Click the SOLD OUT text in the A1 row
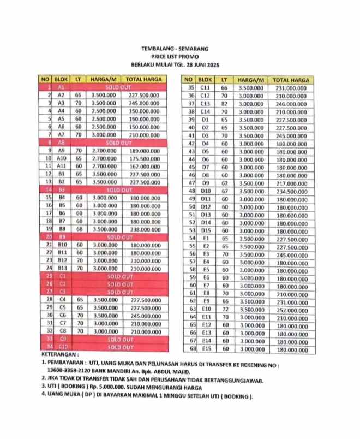(119, 87)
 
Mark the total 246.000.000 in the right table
(290, 103)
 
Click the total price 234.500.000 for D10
(290, 191)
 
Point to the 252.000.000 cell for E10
(290, 309)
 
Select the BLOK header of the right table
(206, 80)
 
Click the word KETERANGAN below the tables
(58, 354)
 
